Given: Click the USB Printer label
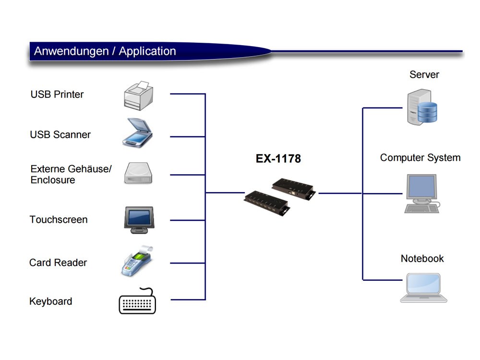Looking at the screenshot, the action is (57, 94).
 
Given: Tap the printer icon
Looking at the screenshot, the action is (138, 96).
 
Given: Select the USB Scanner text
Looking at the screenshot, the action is (60, 135).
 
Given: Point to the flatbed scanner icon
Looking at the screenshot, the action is (137, 133).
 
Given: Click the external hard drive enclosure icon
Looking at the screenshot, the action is (138, 173).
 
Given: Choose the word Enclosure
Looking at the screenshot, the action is (53, 180).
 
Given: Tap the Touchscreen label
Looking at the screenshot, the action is (59, 219).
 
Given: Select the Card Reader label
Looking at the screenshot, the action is (58, 263).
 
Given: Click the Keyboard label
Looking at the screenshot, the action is (51, 301).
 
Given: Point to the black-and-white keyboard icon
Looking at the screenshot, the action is (137, 301).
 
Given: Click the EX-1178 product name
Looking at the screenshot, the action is (278, 158).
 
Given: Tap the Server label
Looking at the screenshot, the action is (424, 74).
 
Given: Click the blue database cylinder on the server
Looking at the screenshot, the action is (428, 112).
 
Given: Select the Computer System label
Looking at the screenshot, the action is (420, 157).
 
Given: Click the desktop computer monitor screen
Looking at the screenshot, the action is (421, 186).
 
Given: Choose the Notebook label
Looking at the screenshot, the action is (422, 259).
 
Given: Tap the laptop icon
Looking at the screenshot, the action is (424, 288).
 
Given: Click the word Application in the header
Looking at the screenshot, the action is (147, 51).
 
